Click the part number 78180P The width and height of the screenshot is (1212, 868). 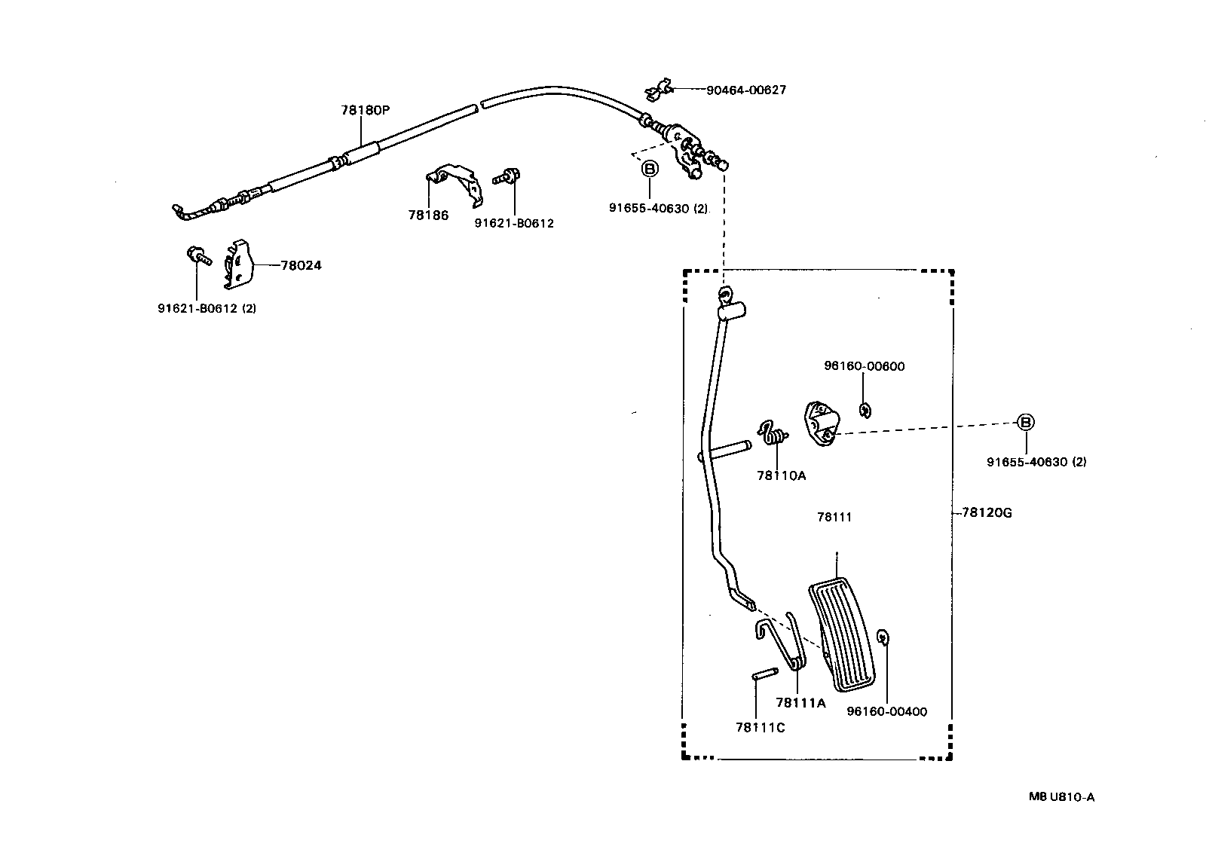(366, 110)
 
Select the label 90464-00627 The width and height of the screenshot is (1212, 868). (745, 90)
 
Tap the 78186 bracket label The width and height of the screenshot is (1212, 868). (428, 215)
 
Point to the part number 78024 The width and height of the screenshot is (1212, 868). (301, 265)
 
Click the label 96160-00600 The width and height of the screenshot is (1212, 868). (864, 366)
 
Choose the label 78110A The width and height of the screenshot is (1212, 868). (782, 475)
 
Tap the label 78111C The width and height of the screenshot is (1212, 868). (761, 727)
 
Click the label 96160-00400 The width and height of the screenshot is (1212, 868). (886, 711)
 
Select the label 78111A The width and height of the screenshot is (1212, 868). (800, 703)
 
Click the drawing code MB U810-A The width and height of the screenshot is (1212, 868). (1060, 796)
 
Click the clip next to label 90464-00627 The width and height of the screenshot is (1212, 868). (657, 91)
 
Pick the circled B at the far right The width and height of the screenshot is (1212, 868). (1025, 423)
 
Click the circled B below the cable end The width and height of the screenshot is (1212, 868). (649, 169)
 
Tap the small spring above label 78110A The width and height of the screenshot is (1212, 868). (773, 432)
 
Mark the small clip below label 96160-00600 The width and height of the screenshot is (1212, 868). (865, 410)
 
